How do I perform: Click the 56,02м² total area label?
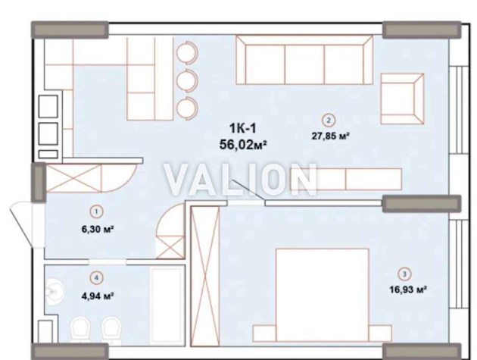pos(243,145)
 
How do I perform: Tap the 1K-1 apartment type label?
pos(243,128)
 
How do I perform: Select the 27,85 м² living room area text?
pos(330,136)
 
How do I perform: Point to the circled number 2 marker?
pos(329,120)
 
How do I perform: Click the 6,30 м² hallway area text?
pos(98,229)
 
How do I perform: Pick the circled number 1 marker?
pos(97,211)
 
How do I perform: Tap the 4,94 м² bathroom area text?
pos(98,296)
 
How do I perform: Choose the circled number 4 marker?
pos(97,277)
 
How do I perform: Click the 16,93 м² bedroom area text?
pos(407,289)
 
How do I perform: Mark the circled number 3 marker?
pos(404,274)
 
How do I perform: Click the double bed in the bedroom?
pos(322,295)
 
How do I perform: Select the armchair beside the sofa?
pos(402,99)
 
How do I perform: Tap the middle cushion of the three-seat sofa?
pos(304,64)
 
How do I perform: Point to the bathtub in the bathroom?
pos(168,307)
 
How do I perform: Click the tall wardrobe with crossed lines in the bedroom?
pos(205,276)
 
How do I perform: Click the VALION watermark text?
pos(240,180)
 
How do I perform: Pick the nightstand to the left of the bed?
pos(264,333)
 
